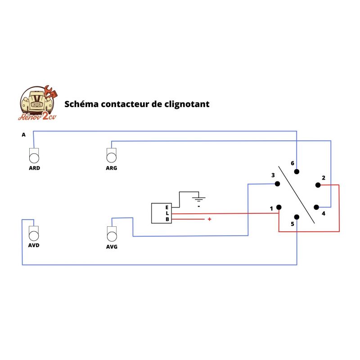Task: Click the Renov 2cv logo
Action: click(x=39, y=103)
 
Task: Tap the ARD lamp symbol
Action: click(x=34, y=156)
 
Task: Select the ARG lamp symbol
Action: click(x=111, y=156)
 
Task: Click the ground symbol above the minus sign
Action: click(x=198, y=198)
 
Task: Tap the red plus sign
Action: click(x=209, y=219)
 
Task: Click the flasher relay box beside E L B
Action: click(x=158, y=213)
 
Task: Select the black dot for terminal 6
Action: click(x=297, y=171)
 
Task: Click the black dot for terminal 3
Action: click(x=277, y=184)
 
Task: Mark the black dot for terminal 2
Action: click(x=318, y=185)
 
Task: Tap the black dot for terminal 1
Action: click(x=279, y=207)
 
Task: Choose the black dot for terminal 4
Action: click(x=316, y=207)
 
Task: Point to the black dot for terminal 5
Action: click(x=296, y=216)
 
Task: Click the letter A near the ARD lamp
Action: click(x=23, y=135)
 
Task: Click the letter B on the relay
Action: click(x=167, y=220)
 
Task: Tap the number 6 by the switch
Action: click(x=292, y=163)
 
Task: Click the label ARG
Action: click(x=111, y=168)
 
